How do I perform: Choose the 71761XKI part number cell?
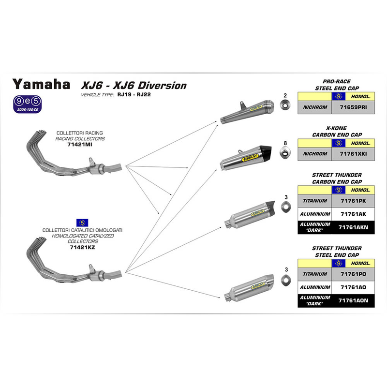[353, 153]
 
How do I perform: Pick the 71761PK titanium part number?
[353, 200]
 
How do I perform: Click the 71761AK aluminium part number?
[353, 213]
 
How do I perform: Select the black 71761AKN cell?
[353, 227]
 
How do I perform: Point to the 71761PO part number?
[353, 274]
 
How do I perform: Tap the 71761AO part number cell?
[353, 287]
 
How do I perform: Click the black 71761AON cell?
[353, 300]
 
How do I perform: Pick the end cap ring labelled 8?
[286, 154]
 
